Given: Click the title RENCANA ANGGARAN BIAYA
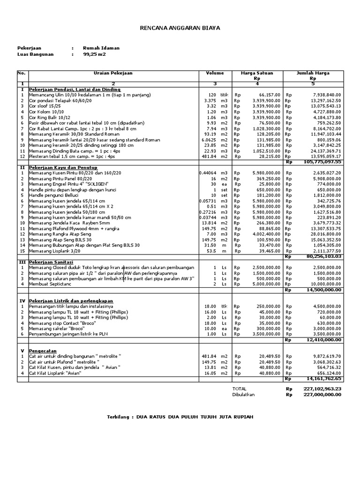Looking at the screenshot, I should (180, 29).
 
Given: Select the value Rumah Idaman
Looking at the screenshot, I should (101, 48).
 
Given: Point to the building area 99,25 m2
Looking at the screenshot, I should (94, 54).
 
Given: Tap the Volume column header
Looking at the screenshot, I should (215, 73).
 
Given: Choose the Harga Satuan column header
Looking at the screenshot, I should (257, 73).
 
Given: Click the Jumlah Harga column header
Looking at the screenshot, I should (313, 73).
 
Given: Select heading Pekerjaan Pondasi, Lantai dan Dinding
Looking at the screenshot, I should (75, 89).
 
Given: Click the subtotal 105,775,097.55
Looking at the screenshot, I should (323, 162).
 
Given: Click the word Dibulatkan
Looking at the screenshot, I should (243, 395).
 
